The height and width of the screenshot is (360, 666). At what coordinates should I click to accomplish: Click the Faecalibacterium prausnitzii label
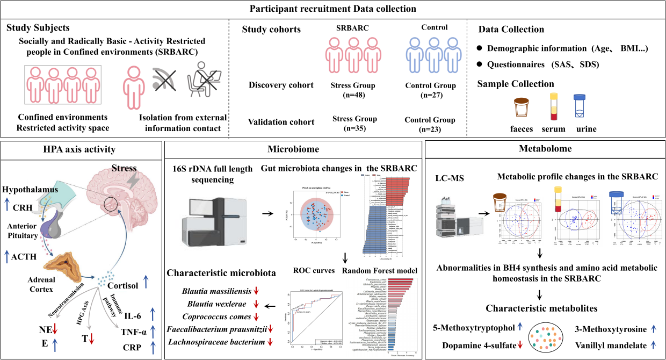tap(216, 329)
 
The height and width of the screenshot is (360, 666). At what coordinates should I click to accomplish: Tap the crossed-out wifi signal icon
tap(163, 82)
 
